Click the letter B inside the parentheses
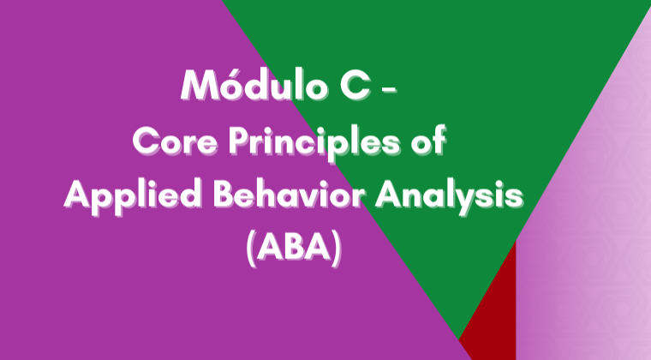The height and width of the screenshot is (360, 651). click(295, 248)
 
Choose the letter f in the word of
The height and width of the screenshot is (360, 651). click(439, 141)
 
